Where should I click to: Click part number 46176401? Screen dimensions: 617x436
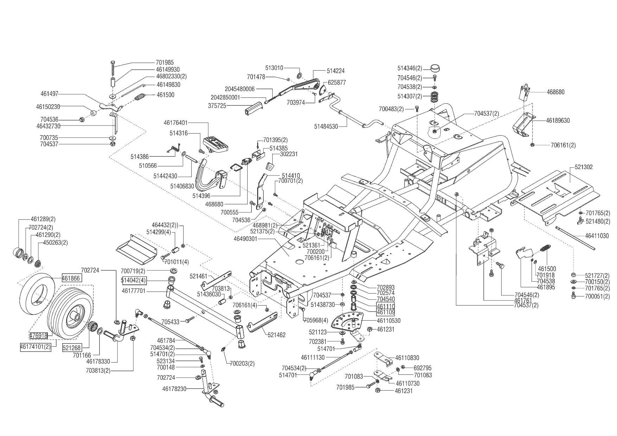[x=176, y=123]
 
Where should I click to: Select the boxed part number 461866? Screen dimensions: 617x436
[x=72, y=278]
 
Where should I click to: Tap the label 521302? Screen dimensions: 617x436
[x=584, y=167]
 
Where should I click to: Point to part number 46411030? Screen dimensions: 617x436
[x=597, y=236]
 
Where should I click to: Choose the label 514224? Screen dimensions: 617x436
[x=336, y=71]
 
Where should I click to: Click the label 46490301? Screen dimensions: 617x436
[x=245, y=239]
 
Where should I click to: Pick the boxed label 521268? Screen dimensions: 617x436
[x=72, y=348]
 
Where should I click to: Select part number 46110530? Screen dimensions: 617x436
[x=388, y=321]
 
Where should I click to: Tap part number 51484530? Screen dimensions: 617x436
[x=326, y=126]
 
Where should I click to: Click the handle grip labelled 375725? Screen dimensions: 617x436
[x=253, y=108]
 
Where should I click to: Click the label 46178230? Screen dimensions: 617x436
[x=174, y=389]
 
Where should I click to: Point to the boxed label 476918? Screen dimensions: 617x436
[x=38, y=335]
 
